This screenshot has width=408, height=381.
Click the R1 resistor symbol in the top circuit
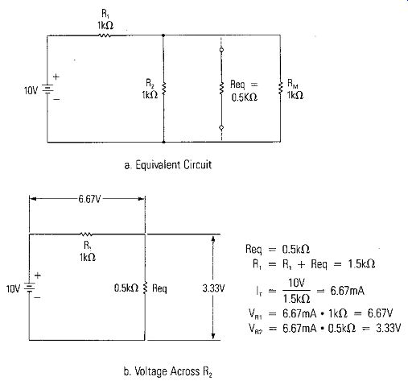coord(105,35)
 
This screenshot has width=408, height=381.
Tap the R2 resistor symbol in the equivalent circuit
coord(163,89)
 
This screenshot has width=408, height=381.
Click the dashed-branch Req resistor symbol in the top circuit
coord(221,89)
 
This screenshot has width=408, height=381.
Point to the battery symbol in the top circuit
coord(47,89)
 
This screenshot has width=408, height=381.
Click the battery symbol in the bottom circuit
coord(30,288)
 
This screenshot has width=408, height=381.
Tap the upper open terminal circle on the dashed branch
coord(221,50)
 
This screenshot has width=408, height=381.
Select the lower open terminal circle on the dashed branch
coord(221,127)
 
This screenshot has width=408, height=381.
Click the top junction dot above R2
coord(163,35)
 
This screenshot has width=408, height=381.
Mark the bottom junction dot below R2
coord(163,142)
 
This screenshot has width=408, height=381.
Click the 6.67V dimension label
coord(89,199)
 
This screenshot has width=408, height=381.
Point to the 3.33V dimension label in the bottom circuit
coord(213,288)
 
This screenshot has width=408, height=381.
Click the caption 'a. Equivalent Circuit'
coord(168,164)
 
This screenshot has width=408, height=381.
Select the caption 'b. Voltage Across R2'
coord(168,371)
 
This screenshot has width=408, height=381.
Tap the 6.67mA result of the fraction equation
coord(348,291)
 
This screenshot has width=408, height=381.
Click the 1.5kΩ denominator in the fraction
coord(297,298)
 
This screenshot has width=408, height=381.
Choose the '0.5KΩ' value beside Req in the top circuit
coord(245,97)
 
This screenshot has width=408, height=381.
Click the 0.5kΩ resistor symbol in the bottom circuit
coord(145,288)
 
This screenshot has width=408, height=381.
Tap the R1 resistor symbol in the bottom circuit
coord(86,234)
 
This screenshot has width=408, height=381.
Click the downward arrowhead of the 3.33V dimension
coord(213,337)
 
